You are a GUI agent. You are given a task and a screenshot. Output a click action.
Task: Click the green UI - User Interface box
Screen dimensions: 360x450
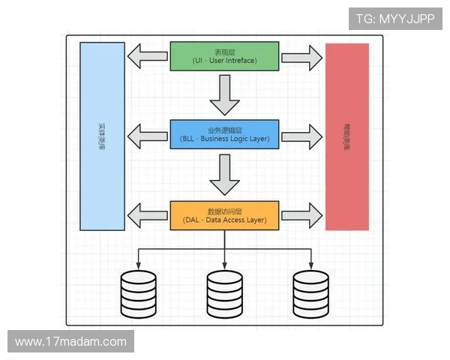(x=225, y=56)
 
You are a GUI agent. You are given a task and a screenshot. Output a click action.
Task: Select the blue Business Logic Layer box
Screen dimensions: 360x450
(x=225, y=135)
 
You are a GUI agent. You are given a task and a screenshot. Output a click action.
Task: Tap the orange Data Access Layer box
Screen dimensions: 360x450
(x=225, y=215)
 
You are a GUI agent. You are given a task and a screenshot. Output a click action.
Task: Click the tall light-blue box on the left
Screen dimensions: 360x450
(x=102, y=136)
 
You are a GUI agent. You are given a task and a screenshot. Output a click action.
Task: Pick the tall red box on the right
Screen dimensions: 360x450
(x=346, y=136)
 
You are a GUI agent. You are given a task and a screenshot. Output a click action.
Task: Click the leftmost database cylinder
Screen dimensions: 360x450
(x=139, y=294)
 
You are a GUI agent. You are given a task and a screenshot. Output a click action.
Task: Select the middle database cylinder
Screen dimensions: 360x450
(x=225, y=294)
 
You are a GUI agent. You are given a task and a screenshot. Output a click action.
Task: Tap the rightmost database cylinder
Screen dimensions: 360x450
(x=311, y=294)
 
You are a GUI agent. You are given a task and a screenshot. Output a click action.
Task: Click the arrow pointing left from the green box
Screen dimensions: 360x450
(x=148, y=56)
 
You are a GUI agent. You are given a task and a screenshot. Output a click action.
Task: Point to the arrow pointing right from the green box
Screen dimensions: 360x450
(x=301, y=56)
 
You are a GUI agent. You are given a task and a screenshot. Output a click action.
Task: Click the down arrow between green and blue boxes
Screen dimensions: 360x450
(x=224, y=91)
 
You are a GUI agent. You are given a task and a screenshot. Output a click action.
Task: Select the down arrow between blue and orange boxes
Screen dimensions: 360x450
(x=224, y=173)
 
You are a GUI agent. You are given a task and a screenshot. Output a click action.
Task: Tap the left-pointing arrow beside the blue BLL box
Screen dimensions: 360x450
(x=148, y=136)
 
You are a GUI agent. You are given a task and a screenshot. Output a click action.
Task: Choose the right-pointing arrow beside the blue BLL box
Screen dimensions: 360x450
(x=301, y=136)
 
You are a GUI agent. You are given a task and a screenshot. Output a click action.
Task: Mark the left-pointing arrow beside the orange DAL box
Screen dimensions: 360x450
(x=148, y=215)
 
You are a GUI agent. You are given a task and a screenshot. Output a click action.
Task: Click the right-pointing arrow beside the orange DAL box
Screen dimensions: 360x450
(x=301, y=215)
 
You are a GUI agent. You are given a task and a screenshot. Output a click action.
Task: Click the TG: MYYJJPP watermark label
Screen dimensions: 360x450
(x=395, y=19)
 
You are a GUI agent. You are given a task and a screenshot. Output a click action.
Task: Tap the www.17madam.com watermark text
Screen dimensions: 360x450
(x=71, y=342)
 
